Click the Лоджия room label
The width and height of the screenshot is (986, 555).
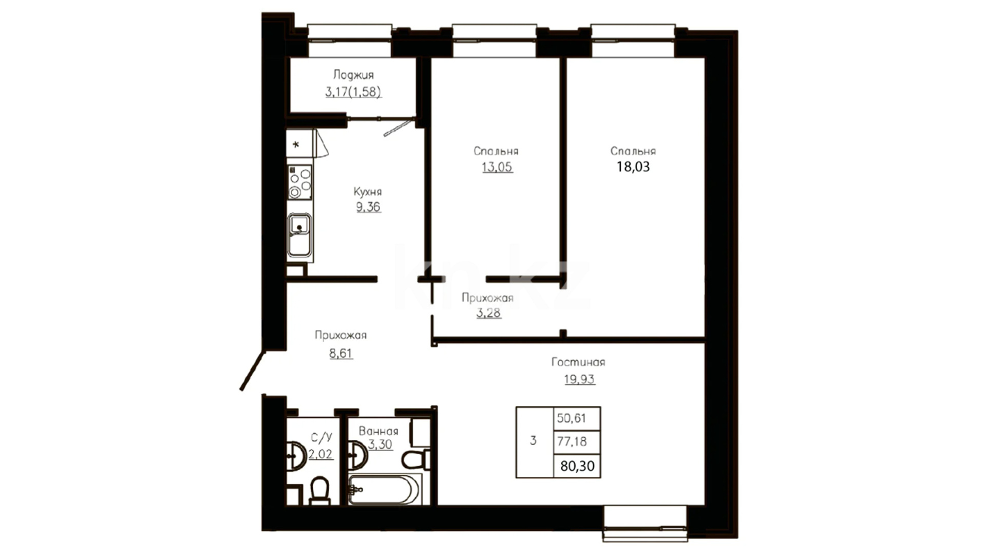[353, 75]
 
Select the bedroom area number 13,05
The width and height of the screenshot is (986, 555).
[497, 167]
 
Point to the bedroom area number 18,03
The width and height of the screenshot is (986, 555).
[633, 166]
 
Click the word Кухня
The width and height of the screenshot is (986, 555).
[368, 192]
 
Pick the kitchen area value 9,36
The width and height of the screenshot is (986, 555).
[369, 207]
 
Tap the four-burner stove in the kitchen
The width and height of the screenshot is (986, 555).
[300, 182]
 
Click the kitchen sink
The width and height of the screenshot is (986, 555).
[299, 235]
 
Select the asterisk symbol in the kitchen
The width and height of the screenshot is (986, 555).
[296, 145]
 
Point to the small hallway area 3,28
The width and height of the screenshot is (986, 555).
[488, 312]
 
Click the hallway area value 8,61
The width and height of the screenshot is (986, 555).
[341, 353]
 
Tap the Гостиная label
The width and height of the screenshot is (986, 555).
[578, 362]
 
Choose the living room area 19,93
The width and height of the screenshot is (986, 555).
[579, 379]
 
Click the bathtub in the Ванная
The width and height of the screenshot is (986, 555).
[384, 489]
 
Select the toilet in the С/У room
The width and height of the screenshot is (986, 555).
[319, 491]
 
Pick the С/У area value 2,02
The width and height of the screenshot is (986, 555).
[320, 454]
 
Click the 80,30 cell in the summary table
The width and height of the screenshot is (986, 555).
[577, 466]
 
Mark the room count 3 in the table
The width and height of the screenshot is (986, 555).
[534, 440]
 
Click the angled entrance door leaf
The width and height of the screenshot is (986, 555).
[253, 371]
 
